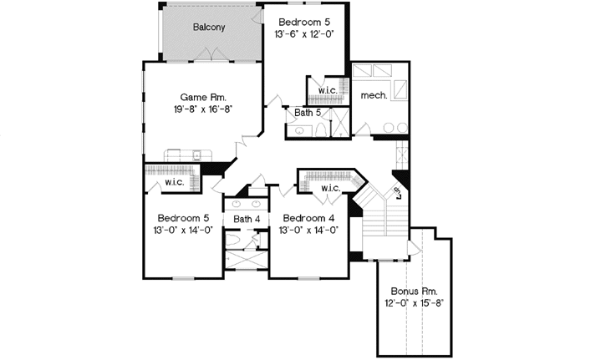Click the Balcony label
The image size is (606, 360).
click(209, 28)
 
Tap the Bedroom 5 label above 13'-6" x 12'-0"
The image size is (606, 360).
click(303, 21)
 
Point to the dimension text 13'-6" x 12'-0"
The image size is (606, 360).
click(303, 35)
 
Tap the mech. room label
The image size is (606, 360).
click(374, 95)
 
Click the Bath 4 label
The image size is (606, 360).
click(247, 220)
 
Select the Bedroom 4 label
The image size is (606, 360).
click(308, 218)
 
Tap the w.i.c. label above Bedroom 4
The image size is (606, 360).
click(330, 188)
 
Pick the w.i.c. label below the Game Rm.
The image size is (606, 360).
click(174, 182)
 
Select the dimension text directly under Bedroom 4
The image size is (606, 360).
click(308, 231)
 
